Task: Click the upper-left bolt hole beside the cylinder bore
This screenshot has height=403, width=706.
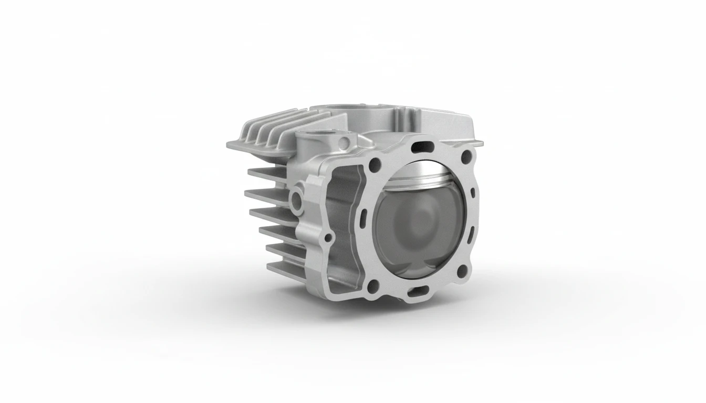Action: [374, 164]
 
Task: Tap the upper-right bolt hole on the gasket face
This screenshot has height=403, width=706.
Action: [464, 155]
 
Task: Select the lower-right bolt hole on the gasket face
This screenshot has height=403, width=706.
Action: [462, 271]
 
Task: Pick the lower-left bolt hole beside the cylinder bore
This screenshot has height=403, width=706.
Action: [372, 286]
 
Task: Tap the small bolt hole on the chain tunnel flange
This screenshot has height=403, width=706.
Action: [328, 238]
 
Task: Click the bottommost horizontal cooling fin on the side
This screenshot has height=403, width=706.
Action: [284, 262]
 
